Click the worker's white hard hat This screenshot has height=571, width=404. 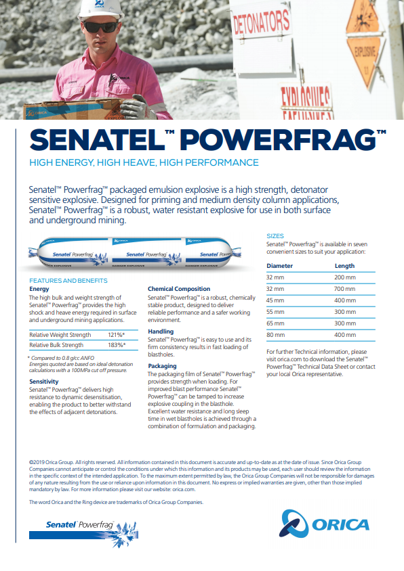pyautogui.click(x=94, y=8)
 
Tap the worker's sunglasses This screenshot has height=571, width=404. pyautogui.click(x=100, y=27)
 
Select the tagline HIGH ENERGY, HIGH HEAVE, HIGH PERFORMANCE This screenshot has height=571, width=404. pyautogui.click(x=144, y=162)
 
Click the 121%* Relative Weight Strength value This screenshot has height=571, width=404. pyautogui.click(x=115, y=335)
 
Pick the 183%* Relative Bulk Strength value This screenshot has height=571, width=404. pyautogui.click(x=115, y=345)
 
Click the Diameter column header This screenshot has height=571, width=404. pyautogui.click(x=280, y=266)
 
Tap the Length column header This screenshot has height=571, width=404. pyautogui.click(x=344, y=266)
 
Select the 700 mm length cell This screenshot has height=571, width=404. pyautogui.click(x=344, y=288)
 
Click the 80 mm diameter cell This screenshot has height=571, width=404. pyautogui.click(x=275, y=335)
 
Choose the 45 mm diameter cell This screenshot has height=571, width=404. pyautogui.click(x=275, y=300)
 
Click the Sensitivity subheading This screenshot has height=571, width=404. pyautogui.click(x=44, y=382)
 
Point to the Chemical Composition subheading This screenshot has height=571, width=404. pyautogui.click(x=179, y=289)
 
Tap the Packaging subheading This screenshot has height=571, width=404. pyautogui.click(x=162, y=365)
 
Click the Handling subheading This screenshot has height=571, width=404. pyautogui.click(x=161, y=332)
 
